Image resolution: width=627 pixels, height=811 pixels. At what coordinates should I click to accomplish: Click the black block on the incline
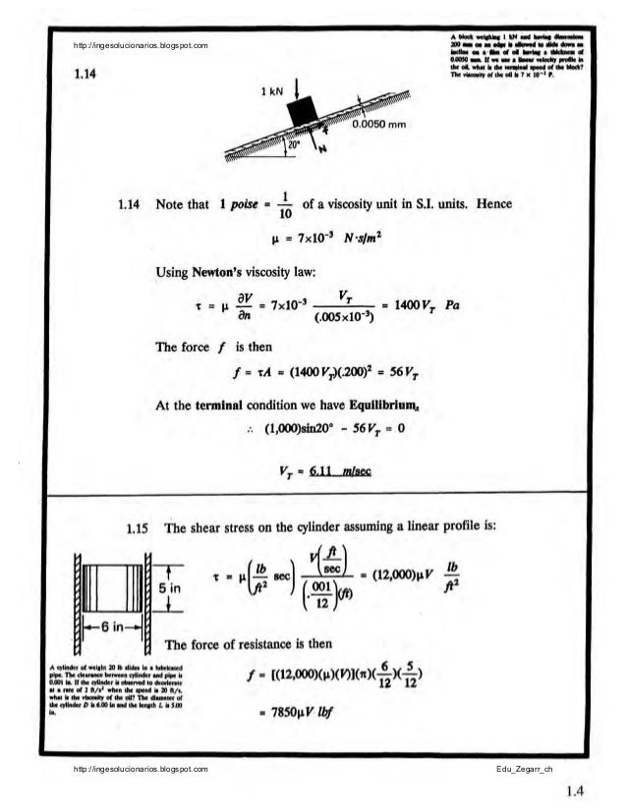pyautogui.click(x=302, y=110)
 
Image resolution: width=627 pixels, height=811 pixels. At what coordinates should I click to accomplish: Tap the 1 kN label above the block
pyautogui.click(x=272, y=92)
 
